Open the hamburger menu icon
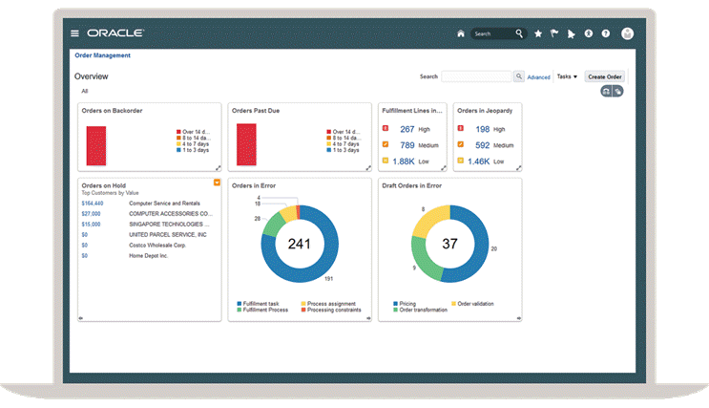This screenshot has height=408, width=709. [x=75, y=33]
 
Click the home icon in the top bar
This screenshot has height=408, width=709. [x=461, y=33]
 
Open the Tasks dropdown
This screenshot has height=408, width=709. [x=567, y=76]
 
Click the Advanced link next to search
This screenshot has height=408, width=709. [x=538, y=77]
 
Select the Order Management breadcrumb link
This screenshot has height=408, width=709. [x=102, y=55]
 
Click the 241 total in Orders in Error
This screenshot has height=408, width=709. [x=300, y=244]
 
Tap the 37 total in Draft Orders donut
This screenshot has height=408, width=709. [x=450, y=244]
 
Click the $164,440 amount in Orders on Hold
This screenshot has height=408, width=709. [x=93, y=204]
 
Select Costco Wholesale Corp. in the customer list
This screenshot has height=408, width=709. [x=158, y=246]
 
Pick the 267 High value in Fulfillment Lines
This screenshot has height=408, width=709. [x=407, y=129]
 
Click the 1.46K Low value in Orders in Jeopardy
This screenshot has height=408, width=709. [x=479, y=161]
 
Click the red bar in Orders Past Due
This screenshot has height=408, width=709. [x=246, y=144]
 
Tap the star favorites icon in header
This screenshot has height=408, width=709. [x=538, y=33]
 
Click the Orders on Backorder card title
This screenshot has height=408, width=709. [x=113, y=111]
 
